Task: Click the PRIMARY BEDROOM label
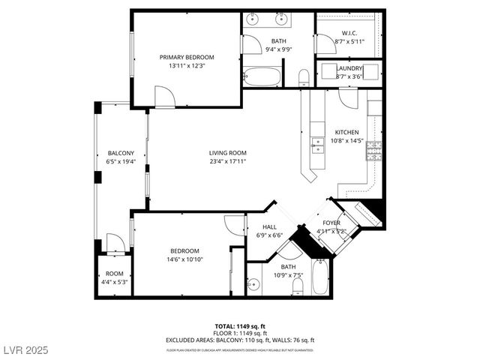[x=187, y=57]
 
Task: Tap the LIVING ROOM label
[x=227, y=153]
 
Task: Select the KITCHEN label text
[x=346, y=132]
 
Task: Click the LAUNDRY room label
[x=349, y=68]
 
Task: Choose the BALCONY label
[x=120, y=153]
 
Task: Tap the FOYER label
[x=331, y=223]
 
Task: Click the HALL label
[x=269, y=226]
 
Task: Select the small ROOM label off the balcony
[x=114, y=273]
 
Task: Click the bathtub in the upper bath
[x=262, y=76]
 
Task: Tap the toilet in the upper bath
[x=304, y=77]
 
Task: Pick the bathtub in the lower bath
[x=321, y=277]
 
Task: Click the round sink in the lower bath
[x=254, y=284]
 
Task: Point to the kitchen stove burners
[x=373, y=151]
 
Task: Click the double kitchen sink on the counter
[x=318, y=144]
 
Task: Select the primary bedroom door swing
[x=163, y=97]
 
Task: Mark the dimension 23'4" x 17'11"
[x=227, y=162]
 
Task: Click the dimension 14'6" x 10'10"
[x=184, y=259]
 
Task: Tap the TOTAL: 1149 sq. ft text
[x=240, y=326]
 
